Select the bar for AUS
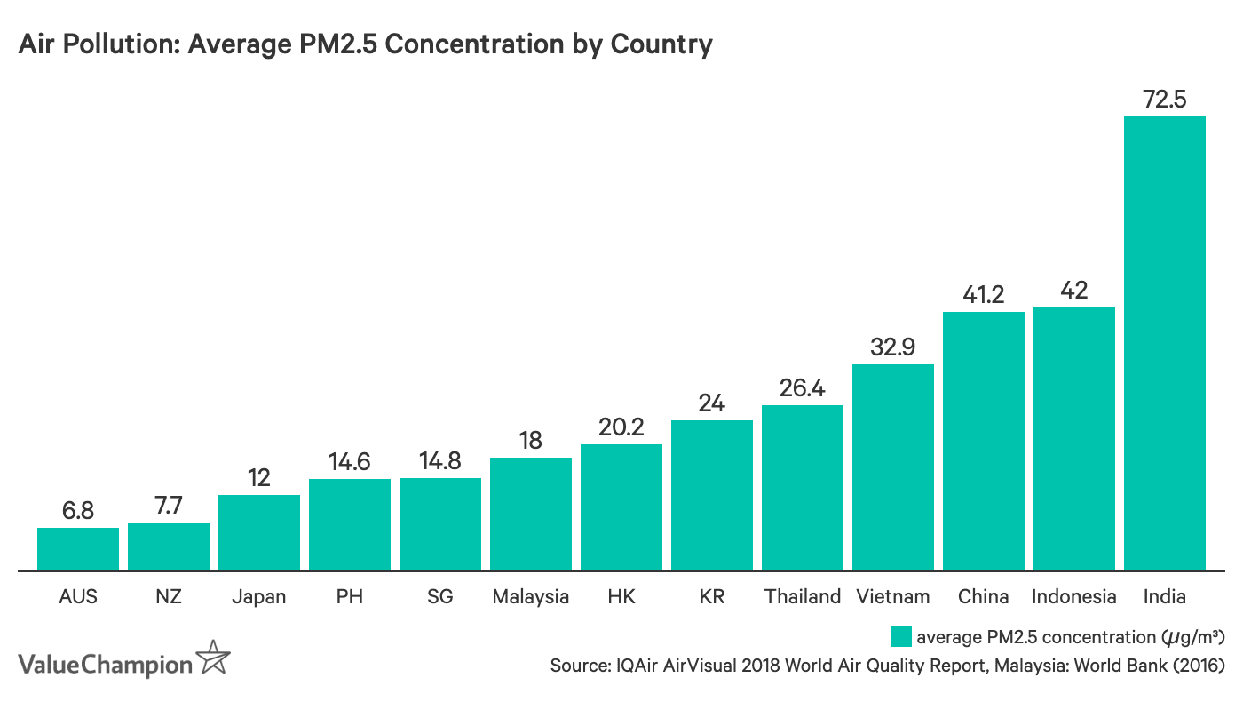[x=78, y=549]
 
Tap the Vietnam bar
[x=892, y=467]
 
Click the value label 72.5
[x=1164, y=100]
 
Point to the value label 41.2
[x=983, y=294]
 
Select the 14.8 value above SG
[x=440, y=461]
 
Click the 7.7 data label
[x=169, y=506]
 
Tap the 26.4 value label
[x=802, y=388]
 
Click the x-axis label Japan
[x=259, y=596]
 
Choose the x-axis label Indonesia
[x=1073, y=596]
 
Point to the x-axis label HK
[x=621, y=596]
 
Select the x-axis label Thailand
[x=802, y=596]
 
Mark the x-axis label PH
[x=350, y=596]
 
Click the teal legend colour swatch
[x=900, y=636]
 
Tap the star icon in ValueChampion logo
[x=213, y=658]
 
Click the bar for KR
[x=712, y=495]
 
